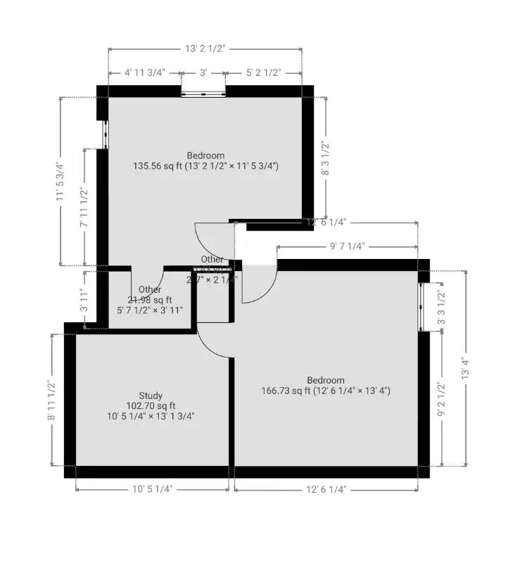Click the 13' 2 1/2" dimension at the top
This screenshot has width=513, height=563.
[x=205, y=49]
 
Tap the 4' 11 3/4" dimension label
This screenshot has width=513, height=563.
[x=144, y=72]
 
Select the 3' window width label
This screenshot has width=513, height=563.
[x=203, y=72]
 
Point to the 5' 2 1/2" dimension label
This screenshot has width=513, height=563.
[x=264, y=72]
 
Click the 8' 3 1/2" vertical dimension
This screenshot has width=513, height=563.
[x=325, y=159]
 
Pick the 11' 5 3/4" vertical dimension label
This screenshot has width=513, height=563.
[x=61, y=182]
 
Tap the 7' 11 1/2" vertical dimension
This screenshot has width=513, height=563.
[x=84, y=205]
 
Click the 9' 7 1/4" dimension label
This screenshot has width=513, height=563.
[x=347, y=247]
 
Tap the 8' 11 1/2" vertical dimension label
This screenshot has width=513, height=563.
[x=51, y=400]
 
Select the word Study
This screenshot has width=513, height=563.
[x=150, y=396]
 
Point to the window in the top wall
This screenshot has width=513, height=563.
[x=203, y=92]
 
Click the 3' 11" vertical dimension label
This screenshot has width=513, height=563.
[x=84, y=300]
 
